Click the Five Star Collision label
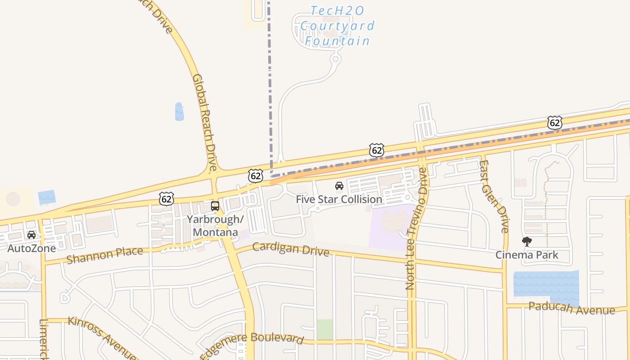(x=339, y=199)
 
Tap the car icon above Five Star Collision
(x=339, y=186)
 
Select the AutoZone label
(x=31, y=248)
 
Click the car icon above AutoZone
(x=31, y=235)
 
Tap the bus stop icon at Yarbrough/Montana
(x=215, y=206)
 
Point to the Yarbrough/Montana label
(x=216, y=226)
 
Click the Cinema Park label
(x=526, y=255)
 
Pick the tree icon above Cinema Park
(x=526, y=242)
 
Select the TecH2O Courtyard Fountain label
(x=337, y=26)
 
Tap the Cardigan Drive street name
(x=291, y=249)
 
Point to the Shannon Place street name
(x=104, y=255)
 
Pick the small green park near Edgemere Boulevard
(x=324, y=329)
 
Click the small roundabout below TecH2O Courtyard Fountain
(x=335, y=59)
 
